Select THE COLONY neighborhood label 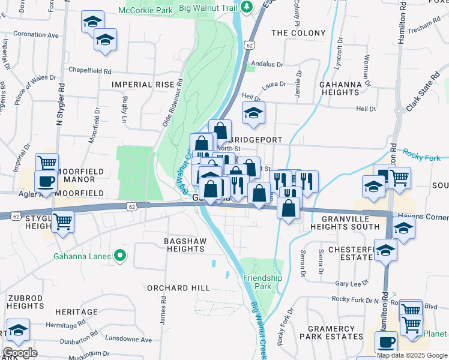(x=298, y=33)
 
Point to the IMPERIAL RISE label (x=142, y=85)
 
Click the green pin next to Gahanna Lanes (x=120, y=256)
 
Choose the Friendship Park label (x=262, y=282)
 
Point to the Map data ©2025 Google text (x=412, y=355)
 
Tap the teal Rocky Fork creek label (x=421, y=154)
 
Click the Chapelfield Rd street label (x=90, y=71)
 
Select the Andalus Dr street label (x=267, y=64)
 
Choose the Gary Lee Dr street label (x=352, y=284)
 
